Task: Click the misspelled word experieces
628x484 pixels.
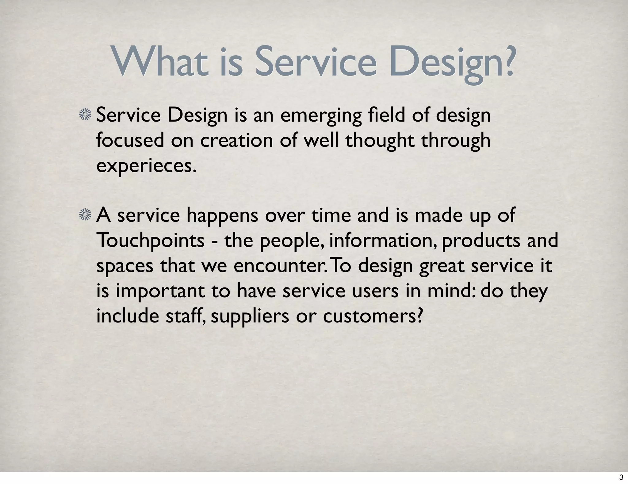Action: [x=146, y=166]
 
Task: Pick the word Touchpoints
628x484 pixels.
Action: [x=150, y=241]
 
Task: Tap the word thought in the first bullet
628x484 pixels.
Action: [x=380, y=141]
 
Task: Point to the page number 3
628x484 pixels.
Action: [x=621, y=477]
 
